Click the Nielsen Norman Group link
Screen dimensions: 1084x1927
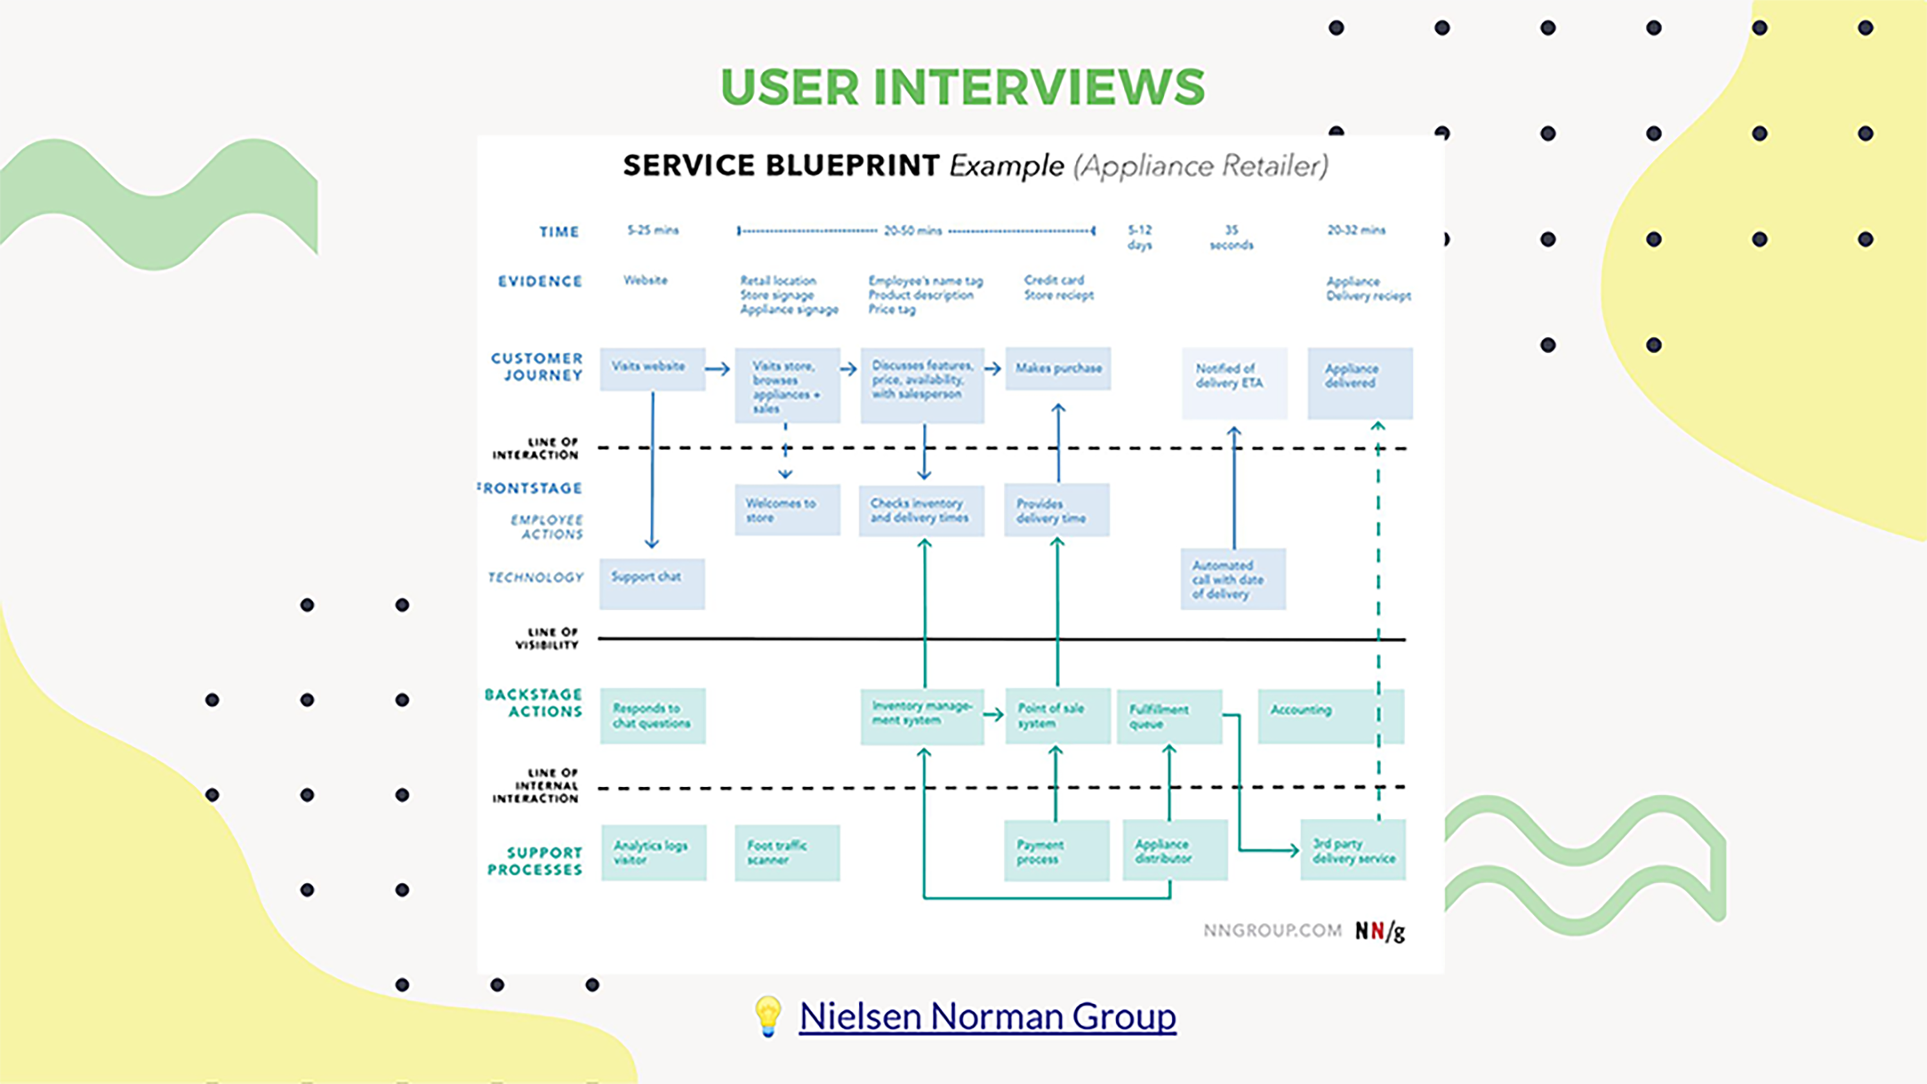(x=987, y=1017)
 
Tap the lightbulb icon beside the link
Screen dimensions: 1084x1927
(x=768, y=1016)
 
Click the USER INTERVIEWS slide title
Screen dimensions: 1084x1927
(x=963, y=87)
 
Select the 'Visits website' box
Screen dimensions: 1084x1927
(x=651, y=368)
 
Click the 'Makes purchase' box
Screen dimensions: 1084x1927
(x=1058, y=368)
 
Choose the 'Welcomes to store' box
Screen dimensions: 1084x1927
(x=787, y=510)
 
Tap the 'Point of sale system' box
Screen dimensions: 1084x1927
(x=1057, y=716)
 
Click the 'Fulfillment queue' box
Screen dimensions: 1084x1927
(x=1168, y=716)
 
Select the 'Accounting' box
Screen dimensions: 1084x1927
(x=1317, y=716)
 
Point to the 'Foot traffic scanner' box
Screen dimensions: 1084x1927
(x=787, y=853)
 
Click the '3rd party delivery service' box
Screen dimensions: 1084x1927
(x=1353, y=851)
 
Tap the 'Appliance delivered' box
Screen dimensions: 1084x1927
(x=1359, y=382)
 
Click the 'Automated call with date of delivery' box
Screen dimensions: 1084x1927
(x=1233, y=580)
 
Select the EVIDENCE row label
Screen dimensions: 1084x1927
(x=540, y=281)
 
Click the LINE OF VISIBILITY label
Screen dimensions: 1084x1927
(x=547, y=638)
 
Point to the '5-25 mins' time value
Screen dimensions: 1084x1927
(x=653, y=231)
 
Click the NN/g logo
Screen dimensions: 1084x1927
(x=1380, y=931)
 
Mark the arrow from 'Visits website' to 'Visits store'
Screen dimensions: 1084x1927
(x=717, y=369)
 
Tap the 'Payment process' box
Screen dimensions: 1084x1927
(x=1056, y=852)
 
